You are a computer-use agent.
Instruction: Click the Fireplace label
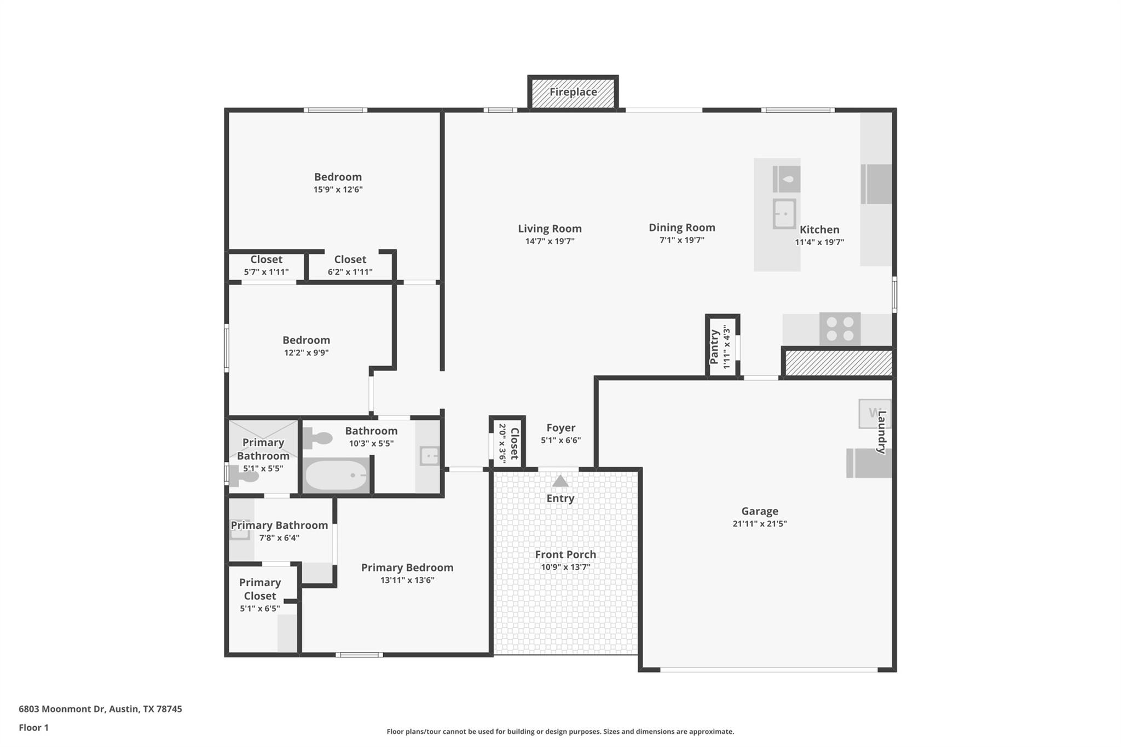573,92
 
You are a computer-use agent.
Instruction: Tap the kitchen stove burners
840,329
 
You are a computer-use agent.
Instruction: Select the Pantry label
714,346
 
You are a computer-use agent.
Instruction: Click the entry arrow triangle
560,481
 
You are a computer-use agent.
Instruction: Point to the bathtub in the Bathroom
336,475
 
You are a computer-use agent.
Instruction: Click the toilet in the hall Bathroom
318,438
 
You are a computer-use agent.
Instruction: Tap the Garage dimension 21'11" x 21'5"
760,524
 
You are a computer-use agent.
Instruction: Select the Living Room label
550,229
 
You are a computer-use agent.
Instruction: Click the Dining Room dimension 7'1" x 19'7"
681,240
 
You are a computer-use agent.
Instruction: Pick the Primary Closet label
260,589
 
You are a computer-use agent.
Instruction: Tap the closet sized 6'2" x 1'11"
350,265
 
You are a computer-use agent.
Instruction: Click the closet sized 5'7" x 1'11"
266,265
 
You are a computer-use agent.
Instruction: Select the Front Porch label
565,554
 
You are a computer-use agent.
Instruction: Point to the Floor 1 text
33,727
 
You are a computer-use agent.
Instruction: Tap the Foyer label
560,428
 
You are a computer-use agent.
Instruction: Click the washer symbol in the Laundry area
873,414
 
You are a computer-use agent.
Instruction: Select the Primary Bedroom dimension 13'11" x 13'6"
407,580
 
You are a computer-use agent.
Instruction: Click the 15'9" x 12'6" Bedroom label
338,177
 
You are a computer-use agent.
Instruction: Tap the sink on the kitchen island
784,213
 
